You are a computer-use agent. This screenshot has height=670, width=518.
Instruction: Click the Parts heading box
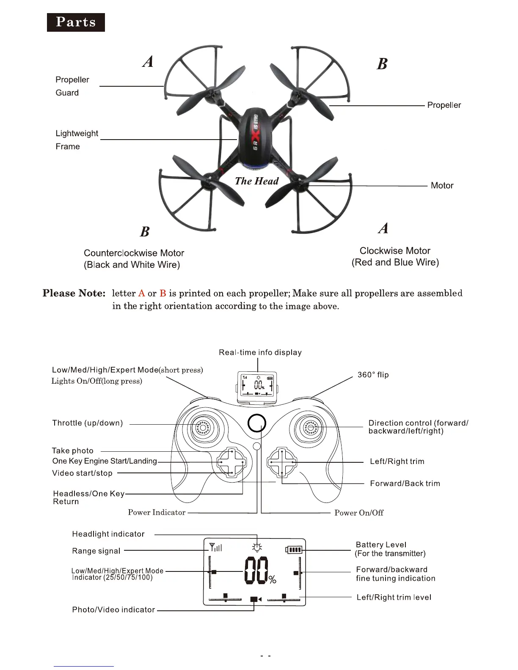pyautogui.click(x=76, y=22)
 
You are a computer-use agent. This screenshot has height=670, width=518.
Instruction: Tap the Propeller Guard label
pyautogui.click(x=72, y=86)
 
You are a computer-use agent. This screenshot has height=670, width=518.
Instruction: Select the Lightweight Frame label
pyautogui.click(x=77, y=140)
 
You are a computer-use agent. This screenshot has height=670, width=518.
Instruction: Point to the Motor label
pyautogui.click(x=442, y=185)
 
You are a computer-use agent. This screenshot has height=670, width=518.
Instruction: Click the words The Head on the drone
pyautogui.click(x=256, y=181)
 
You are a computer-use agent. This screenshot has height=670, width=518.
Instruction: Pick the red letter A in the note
pyautogui.click(x=141, y=293)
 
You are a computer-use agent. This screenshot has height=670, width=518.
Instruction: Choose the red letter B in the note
pyautogui.click(x=163, y=293)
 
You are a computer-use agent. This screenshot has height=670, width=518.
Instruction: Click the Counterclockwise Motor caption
pyautogui.click(x=134, y=258)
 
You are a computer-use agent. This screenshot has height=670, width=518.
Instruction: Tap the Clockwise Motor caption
pyautogui.click(x=395, y=256)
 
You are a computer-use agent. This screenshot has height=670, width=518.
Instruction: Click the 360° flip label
pyautogui.click(x=373, y=375)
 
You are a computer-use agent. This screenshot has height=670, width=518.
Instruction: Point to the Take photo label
pyautogui.click(x=72, y=451)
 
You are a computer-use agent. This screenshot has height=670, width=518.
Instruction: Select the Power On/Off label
pyautogui.click(x=359, y=513)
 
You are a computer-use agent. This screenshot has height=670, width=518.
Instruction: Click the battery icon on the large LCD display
pyautogui.click(x=295, y=549)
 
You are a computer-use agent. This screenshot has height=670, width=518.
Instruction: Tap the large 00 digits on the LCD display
pyautogui.click(x=256, y=570)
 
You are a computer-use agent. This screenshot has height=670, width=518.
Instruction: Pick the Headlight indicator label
pyautogui.click(x=108, y=534)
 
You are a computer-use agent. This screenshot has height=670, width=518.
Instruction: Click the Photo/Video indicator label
pyautogui.click(x=113, y=610)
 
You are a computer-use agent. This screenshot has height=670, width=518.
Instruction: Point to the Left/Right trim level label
pyautogui.click(x=394, y=597)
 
